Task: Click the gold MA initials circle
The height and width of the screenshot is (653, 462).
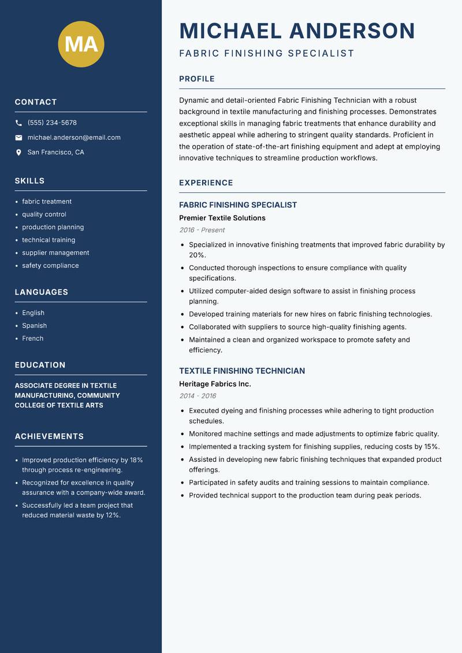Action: [81, 44]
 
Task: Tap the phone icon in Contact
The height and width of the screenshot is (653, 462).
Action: [18, 123]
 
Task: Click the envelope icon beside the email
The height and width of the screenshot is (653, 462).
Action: [18, 138]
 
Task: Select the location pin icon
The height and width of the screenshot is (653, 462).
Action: [18, 153]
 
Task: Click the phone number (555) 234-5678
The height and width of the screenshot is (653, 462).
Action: [52, 123]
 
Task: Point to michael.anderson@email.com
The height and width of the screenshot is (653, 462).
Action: [74, 138]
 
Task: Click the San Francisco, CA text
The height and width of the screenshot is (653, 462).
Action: [55, 153]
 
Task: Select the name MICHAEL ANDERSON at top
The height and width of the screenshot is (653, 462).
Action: [297, 31]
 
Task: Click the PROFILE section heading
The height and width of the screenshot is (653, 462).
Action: [196, 79]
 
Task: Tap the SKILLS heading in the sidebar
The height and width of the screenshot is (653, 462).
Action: [29, 181]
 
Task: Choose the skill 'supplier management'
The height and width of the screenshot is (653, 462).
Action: [55, 253]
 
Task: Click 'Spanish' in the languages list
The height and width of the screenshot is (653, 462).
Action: [34, 325]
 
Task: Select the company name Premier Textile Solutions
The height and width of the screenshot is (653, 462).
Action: [222, 218]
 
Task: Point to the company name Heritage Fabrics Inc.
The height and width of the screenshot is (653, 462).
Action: [215, 384]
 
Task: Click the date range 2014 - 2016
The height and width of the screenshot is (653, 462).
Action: [198, 396]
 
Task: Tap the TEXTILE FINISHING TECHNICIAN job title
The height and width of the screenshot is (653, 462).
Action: [241, 371]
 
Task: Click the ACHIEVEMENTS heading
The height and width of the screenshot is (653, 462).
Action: [49, 436]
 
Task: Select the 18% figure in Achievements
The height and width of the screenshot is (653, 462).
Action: [136, 460]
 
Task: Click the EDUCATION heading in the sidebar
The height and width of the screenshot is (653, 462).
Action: [40, 365]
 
